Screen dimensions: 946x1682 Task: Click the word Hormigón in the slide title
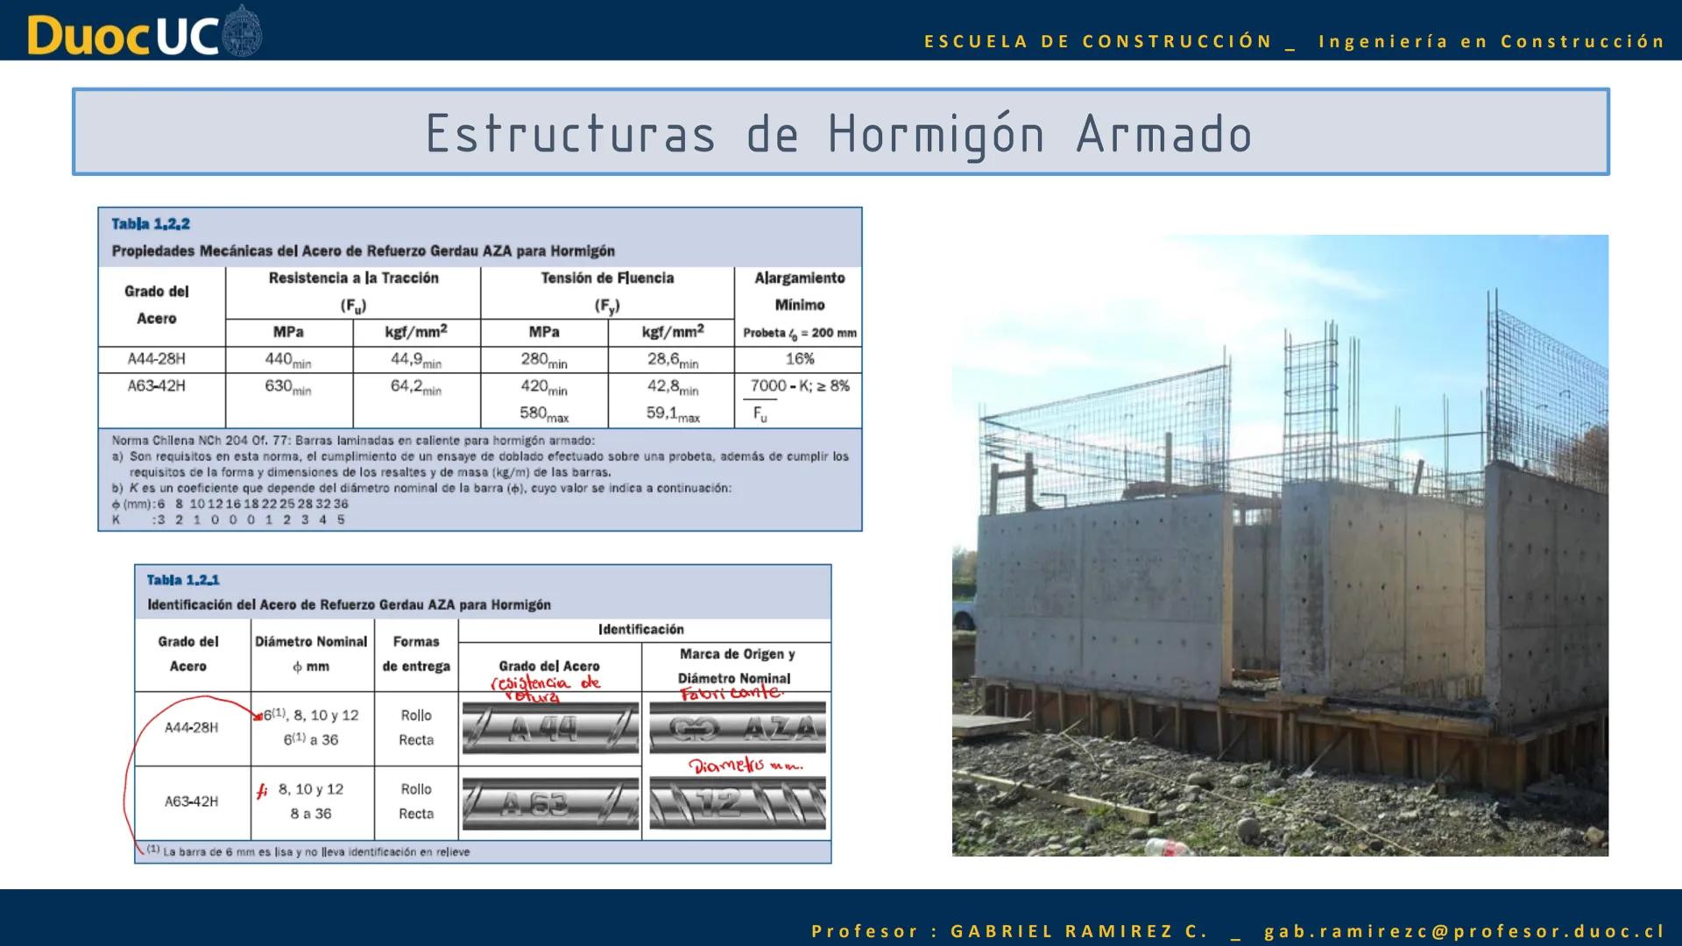pos(936,134)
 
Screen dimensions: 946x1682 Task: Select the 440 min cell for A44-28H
pos(288,359)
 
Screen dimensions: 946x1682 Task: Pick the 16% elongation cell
pos(799,359)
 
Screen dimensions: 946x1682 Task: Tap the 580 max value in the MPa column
pos(543,413)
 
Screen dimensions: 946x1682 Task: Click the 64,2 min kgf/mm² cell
pos(415,386)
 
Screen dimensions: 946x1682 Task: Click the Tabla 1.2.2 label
pos(151,224)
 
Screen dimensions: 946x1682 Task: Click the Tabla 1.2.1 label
pos(183,580)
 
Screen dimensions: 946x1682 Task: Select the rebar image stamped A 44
pos(549,728)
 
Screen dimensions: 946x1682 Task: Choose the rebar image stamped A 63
pos(549,803)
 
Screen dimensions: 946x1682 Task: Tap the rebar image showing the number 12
pos(737,803)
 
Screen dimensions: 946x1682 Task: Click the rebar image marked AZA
pos(737,728)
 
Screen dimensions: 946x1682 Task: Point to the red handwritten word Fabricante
pos(731,693)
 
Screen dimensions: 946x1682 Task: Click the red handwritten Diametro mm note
pos(745,766)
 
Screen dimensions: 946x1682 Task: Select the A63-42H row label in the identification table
pos(191,801)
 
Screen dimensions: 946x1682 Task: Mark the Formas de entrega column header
pos(416,653)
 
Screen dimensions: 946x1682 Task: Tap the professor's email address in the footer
pos(1464,931)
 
